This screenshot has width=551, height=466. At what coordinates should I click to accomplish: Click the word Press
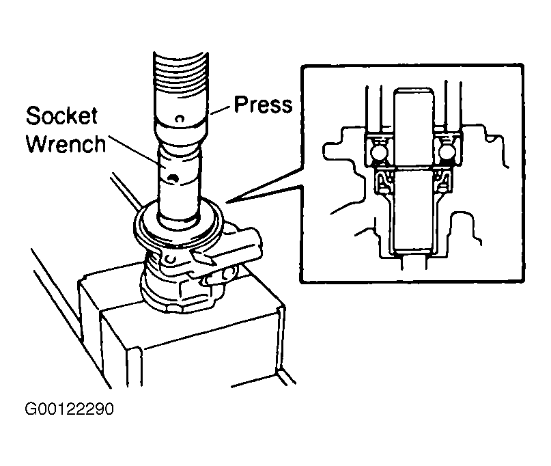point(263,105)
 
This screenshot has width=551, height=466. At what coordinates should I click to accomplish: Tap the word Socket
point(61,115)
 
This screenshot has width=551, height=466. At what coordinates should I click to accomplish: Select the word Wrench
point(66,144)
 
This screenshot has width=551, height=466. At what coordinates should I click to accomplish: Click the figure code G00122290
point(69,409)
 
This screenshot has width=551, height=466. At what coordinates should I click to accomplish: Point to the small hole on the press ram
point(180,118)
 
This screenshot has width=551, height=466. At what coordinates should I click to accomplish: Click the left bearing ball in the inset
point(379,152)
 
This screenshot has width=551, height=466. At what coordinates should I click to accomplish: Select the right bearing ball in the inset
point(447,152)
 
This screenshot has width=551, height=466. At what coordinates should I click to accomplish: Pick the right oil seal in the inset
point(442,181)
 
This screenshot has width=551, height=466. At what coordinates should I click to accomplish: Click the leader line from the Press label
point(221,110)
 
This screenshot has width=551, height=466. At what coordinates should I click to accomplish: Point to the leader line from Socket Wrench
point(132,149)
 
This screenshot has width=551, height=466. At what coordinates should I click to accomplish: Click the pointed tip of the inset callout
point(227,202)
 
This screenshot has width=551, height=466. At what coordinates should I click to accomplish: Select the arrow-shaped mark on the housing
point(203,257)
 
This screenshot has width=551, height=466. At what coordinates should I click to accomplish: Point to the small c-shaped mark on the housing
point(171,258)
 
